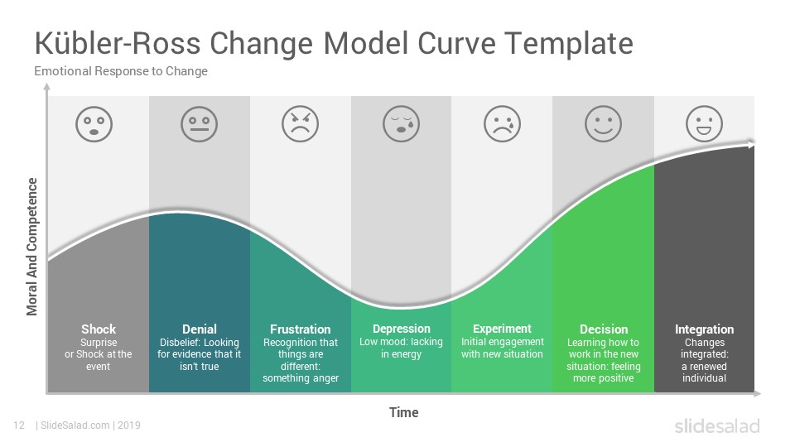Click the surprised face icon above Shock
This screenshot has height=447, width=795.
pos(94,124)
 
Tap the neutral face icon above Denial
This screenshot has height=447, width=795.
pos(200,124)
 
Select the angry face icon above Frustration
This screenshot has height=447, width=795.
pos(300,124)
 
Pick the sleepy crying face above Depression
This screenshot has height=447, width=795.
pos(401,124)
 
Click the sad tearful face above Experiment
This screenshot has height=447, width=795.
pos(503,124)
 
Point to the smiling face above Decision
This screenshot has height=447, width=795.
pos(604,124)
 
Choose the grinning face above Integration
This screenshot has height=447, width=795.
pos(704,124)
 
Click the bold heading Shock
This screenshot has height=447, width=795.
pos(99,329)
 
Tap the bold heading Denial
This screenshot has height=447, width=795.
pos(200,329)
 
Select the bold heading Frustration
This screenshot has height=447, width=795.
pos(300,329)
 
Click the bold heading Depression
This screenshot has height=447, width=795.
pos(401,329)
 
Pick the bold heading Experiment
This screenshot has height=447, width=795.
pos(502,329)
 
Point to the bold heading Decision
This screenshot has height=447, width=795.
pos(604,329)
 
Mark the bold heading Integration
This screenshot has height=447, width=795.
pos(704,329)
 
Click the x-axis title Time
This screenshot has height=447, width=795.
pos(404,412)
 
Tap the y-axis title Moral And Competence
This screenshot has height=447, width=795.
pos(32,247)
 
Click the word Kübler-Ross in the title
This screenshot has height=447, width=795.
pos(117,43)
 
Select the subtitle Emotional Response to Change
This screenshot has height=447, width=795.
pos(121,71)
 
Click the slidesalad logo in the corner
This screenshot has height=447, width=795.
pos(717,425)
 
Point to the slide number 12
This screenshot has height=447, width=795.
pos(19,425)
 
